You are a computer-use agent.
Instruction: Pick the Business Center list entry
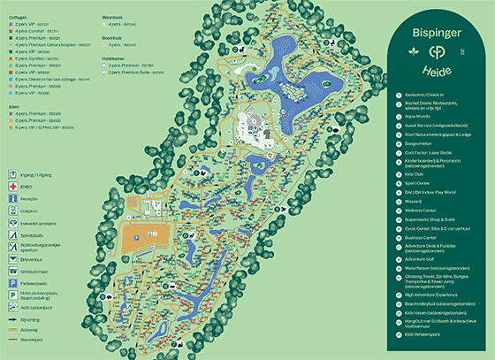click(x=425, y=237)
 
